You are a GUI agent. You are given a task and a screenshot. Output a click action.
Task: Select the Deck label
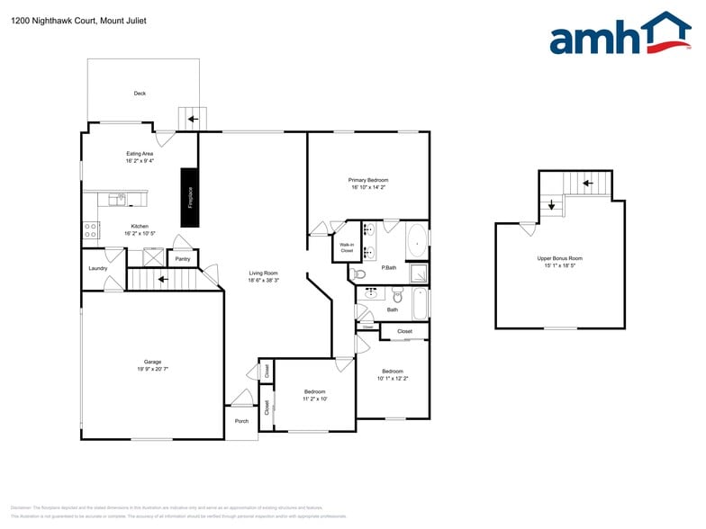(x=140, y=94)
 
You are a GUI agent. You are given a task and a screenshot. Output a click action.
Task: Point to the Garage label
(x=152, y=362)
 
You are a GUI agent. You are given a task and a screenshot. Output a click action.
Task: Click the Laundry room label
(x=98, y=268)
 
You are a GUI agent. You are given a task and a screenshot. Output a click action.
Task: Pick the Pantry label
(x=183, y=259)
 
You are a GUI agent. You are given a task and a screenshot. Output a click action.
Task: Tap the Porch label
(x=241, y=421)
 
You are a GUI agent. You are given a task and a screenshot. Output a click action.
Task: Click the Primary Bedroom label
(x=369, y=180)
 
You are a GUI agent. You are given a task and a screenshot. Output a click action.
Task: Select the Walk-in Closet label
(x=347, y=247)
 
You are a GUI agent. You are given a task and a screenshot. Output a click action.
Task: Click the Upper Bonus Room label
(x=559, y=259)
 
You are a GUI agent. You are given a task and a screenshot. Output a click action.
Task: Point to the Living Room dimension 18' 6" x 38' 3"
(x=263, y=281)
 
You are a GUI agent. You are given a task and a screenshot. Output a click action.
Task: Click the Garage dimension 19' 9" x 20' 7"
(x=152, y=369)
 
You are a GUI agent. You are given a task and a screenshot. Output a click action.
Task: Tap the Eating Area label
(x=140, y=154)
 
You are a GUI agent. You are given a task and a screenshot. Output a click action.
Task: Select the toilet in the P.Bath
(x=358, y=274)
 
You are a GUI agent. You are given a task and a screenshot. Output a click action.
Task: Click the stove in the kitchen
(x=91, y=230)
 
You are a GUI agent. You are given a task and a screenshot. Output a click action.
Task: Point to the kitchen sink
(x=117, y=199)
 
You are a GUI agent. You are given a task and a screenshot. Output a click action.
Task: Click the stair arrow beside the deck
(x=192, y=118)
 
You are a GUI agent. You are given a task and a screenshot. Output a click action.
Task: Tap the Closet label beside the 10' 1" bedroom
(x=405, y=331)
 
